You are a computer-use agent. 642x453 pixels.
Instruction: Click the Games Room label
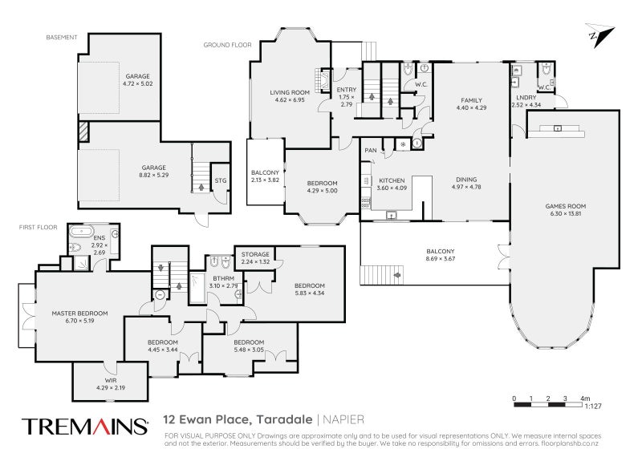click(566, 206)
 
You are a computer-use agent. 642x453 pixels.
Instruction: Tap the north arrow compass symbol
click(599, 35)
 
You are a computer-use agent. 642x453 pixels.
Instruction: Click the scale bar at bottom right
click(548, 405)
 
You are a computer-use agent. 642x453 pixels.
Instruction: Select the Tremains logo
click(85, 426)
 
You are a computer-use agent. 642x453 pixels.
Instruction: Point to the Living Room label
click(290, 92)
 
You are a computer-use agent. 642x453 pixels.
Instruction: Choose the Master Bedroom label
click(79, 313)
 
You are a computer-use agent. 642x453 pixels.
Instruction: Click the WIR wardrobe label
click(111, 381)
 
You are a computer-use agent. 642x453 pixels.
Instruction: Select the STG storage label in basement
click(220, 180)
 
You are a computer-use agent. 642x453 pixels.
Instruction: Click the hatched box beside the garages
click(83, 131)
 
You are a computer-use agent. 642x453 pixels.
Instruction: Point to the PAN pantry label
click(371, 151)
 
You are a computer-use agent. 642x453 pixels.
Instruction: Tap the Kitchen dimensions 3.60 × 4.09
click(392, 188)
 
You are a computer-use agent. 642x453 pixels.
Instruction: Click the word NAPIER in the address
click(343, 419)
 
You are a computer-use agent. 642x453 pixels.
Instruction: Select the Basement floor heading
click(62, 37)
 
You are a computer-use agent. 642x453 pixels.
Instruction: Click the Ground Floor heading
click(228, 45)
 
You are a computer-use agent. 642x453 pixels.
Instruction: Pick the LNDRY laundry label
click(526, 97)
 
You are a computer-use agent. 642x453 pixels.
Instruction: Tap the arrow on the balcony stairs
click(396, 275)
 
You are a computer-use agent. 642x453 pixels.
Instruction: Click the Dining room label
click(466, 180)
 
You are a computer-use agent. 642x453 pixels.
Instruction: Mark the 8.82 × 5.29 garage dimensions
click(153, 175)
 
